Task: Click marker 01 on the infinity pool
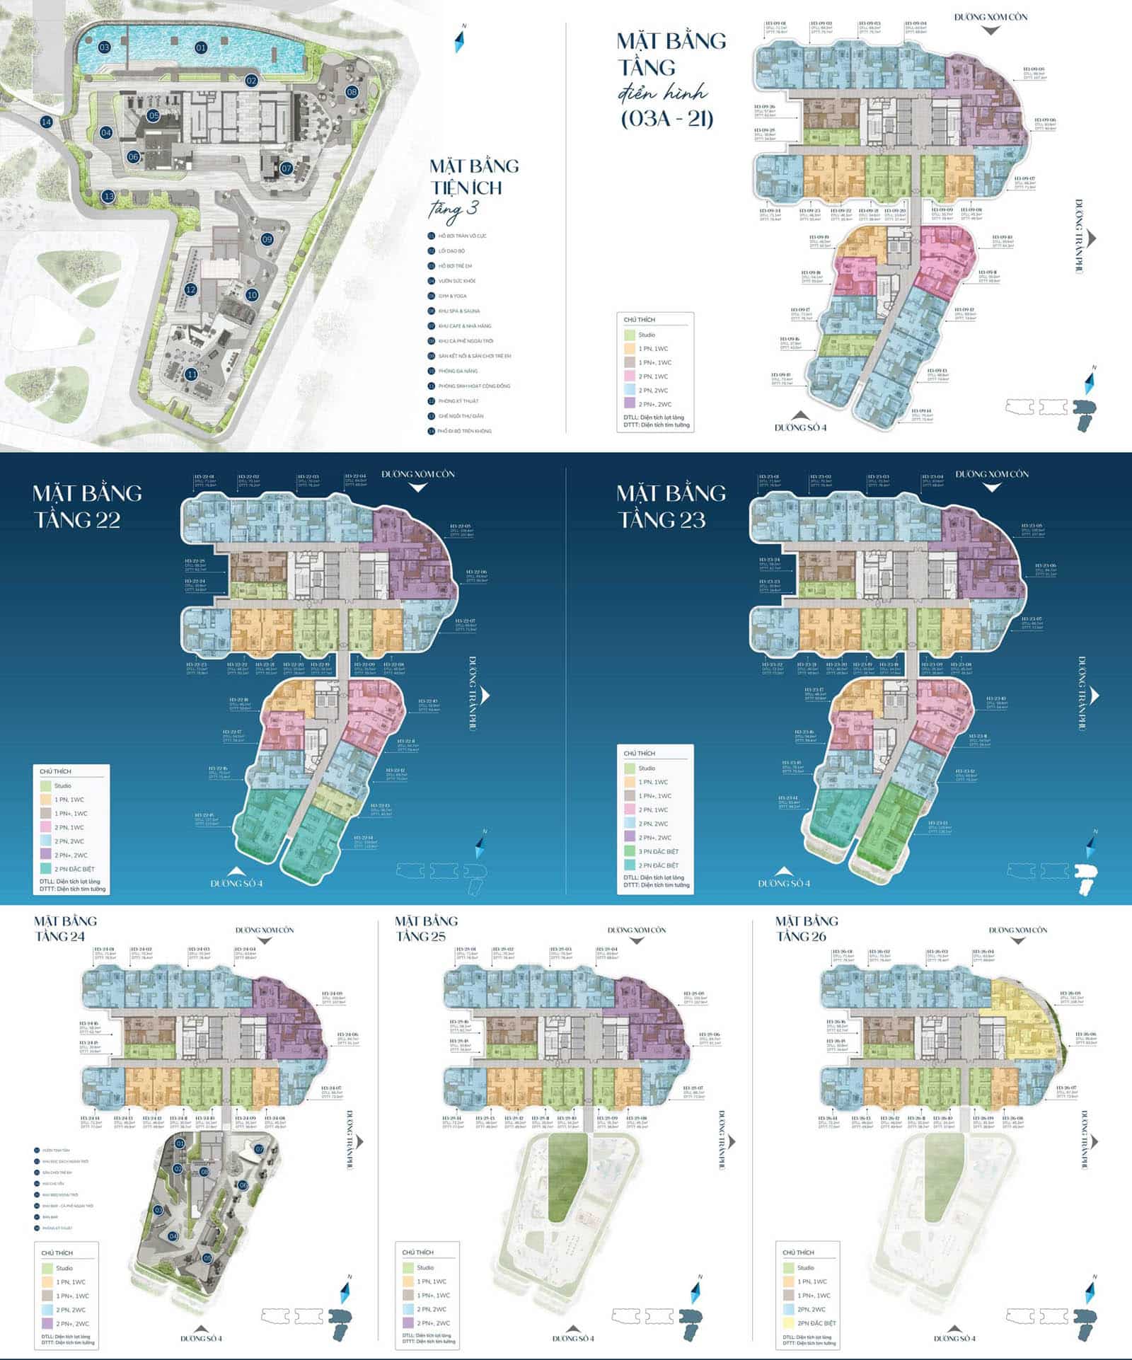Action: pos(201,48)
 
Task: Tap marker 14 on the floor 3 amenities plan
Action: pos(46,122)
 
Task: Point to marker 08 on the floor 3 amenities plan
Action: pos(352,92)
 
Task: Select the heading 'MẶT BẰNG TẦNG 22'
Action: pos(87,506)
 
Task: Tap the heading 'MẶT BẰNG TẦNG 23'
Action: pos(671,506)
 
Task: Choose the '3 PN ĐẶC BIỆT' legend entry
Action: pos(658,851)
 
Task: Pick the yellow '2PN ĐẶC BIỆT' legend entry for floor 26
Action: pos(816,1322)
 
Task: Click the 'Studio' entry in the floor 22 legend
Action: pos(62,785)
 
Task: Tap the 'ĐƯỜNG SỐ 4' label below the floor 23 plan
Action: pos(784,883)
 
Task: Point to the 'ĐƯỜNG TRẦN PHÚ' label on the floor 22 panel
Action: pos(473,693)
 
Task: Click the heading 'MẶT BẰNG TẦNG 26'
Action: pos(807,928)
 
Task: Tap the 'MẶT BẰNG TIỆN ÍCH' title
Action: pos(475,177)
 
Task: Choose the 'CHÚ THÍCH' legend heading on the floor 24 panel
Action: pos(57,1252)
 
